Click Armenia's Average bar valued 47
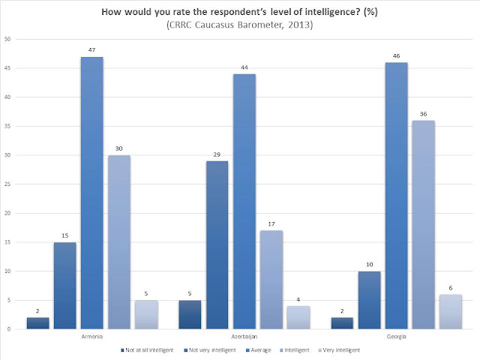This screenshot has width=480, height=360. [x=91, y=193]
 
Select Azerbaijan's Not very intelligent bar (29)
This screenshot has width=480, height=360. [x=217, y=245]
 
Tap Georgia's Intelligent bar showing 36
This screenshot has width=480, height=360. [x=423, y=225]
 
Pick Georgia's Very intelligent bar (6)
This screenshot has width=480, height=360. [x=451, y=312]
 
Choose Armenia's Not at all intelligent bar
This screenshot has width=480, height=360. [x=37, y=323]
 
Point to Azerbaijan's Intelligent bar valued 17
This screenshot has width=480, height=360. [x=271, y=280]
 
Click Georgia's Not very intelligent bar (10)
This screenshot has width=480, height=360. [x=370, y=300]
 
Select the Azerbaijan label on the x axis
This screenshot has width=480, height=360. [x=244, y=337]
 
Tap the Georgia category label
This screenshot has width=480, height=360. [x=397, y=337]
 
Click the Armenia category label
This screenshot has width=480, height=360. [x=92, y=337]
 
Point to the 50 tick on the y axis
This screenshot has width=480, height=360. [x=7, y=39]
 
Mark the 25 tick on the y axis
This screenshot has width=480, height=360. [x=7, y=184]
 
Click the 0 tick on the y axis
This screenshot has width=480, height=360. [x=9, y=329]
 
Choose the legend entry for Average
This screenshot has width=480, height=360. [x=259, y=350]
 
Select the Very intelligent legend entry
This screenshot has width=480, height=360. [x=339, y=350]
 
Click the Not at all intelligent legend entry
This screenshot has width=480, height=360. [x=147, y=350]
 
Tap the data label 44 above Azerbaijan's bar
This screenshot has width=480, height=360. [x=244, y=67]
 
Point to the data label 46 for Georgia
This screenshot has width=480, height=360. [x=397, y=56]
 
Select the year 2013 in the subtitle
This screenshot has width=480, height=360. [x=299, y=25]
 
